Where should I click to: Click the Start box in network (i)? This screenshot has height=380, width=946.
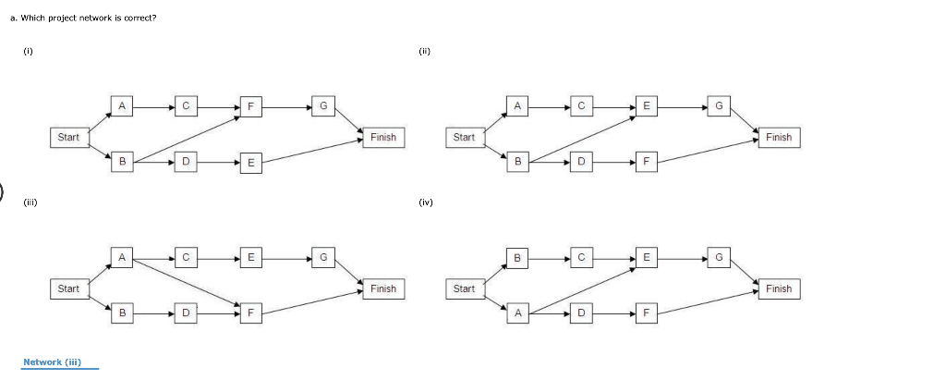click(68, 137)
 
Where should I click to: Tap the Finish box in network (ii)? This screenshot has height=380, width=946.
click(778, 137)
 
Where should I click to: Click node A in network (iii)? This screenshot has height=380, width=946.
click(122, 257)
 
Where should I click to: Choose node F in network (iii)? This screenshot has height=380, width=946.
click(249, 313)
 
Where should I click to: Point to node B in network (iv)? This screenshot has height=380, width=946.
click(517, 257)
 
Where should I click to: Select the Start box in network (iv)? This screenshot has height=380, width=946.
click(464, 288)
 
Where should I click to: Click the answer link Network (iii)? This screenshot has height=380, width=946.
click(53, 362)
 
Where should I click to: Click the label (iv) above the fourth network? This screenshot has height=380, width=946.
click(426, 202)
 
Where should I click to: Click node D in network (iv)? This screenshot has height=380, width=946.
click(581, 313)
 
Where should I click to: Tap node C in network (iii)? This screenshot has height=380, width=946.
click(186, 257)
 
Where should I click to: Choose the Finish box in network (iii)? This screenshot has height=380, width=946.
click(382, 288)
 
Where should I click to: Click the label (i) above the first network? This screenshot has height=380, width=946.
click(28, 52)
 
